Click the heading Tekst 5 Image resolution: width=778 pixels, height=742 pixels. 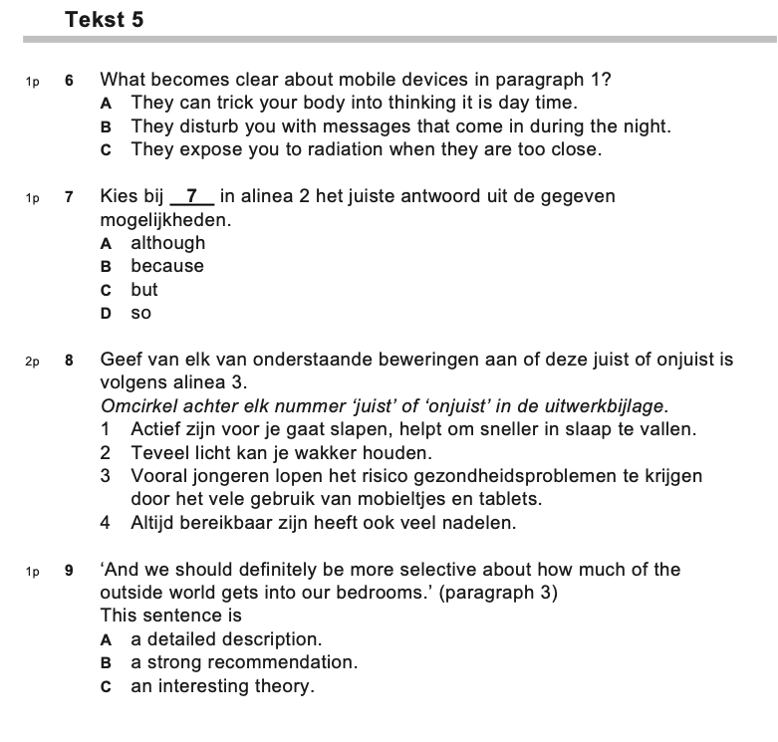point(104,20)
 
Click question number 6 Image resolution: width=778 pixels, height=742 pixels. point(70,81)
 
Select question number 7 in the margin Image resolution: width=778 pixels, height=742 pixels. point(70,197)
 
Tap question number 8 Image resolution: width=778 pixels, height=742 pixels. point(70,361)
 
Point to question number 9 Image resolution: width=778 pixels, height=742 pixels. point(70,571)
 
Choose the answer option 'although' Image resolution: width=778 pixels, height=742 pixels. point(167,243)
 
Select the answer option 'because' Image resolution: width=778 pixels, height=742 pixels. point(166,266)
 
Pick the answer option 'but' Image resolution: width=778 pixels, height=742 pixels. point(144,290)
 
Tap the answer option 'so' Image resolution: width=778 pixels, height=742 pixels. point(141,313)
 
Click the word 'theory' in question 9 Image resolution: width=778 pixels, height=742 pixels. point(285,686)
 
